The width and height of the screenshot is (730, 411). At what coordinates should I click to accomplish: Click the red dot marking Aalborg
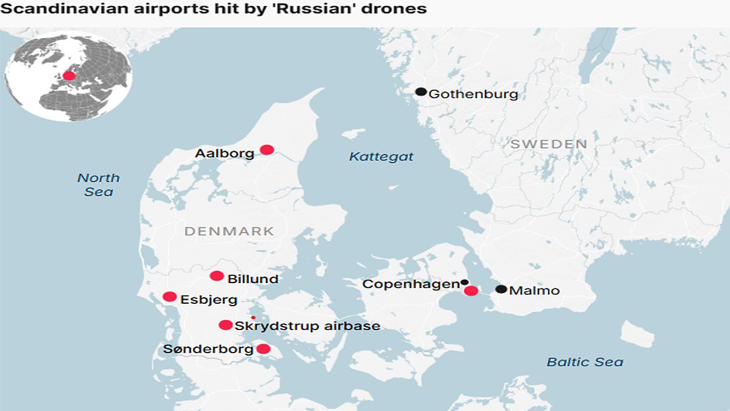click(266, 150)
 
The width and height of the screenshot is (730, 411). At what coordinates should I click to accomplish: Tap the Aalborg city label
click(224, 153)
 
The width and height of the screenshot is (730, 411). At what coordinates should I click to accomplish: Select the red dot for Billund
click(217, 276)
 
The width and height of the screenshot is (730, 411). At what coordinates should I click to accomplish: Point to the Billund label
click(252, 279)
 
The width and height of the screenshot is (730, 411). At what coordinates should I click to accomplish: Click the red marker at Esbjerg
click(170, 297)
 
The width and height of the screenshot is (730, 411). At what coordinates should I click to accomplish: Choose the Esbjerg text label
click(209, 300)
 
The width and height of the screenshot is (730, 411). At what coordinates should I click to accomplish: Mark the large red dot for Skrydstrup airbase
click(226, 325)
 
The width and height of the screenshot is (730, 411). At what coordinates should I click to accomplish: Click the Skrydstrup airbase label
click(307, 326)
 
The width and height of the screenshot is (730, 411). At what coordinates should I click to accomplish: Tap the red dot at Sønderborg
click(263, 349)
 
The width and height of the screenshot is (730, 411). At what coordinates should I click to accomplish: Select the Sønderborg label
click(208, 350)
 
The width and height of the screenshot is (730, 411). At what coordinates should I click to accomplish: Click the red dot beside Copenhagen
click(471, 291)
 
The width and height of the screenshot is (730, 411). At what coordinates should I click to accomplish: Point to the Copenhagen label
click(411, 284)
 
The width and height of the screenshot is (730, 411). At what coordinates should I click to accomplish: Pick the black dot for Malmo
click(501, 289)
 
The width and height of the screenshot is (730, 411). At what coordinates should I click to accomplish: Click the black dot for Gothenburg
click(420, 92)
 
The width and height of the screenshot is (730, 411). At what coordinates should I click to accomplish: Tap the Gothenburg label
click(473, 94)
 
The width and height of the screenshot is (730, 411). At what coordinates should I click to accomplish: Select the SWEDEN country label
click(549, 144)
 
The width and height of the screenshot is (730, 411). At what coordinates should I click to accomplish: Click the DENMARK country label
click(229, 231)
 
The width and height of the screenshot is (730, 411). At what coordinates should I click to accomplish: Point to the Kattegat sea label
click(381, 156)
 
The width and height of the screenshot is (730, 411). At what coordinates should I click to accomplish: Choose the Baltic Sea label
click(585, 362)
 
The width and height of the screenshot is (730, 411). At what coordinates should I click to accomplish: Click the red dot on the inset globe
click(69, 76)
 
